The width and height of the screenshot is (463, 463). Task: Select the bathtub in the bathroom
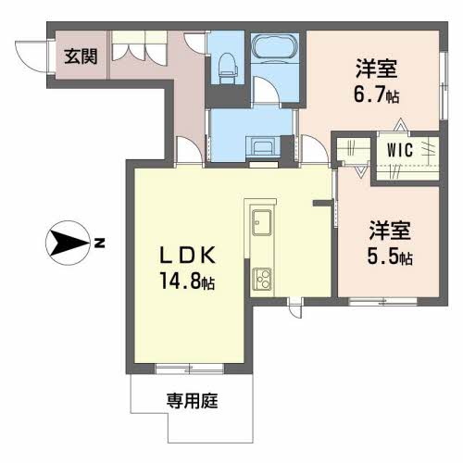pos(273,47)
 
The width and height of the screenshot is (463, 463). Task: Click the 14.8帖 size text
pos(188,281)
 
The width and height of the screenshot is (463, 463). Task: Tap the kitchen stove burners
pos(261,278)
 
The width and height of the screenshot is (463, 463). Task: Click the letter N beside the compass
pos(99,244)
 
